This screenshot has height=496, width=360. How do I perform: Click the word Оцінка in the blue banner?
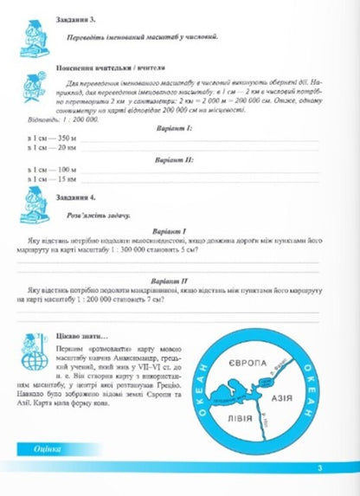(41, 472)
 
